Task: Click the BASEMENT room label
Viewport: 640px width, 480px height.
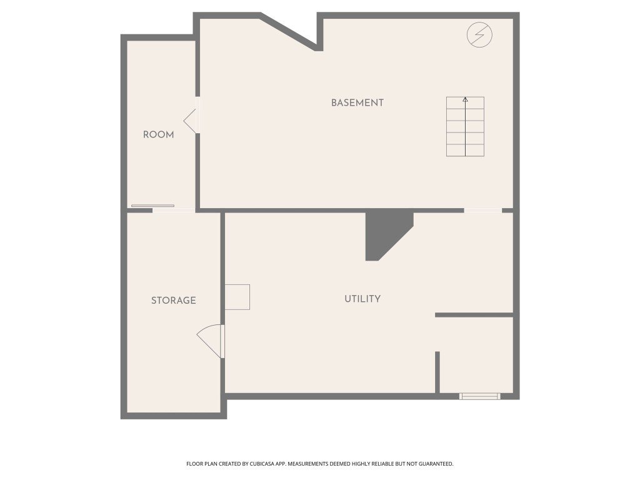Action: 357,103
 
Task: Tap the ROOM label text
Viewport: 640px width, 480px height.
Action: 158,135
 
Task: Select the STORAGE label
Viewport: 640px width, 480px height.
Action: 174,301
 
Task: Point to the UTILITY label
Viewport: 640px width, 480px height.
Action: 362,299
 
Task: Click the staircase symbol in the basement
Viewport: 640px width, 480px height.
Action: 465,126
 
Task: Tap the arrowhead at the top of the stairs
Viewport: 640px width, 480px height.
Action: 465,99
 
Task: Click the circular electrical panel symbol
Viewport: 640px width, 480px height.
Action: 479,35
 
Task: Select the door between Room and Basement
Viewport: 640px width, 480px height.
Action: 192,121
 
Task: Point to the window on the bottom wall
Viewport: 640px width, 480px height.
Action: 480,396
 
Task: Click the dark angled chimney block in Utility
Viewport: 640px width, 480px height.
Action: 387,235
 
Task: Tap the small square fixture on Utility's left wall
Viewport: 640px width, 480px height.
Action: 237,297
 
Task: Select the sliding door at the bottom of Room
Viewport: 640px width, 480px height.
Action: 152,206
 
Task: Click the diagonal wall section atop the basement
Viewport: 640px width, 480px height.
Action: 289,32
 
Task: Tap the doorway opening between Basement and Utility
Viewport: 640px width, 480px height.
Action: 483,211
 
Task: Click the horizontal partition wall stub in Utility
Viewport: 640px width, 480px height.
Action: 474,315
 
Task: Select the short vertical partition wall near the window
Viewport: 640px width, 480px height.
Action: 437,372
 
